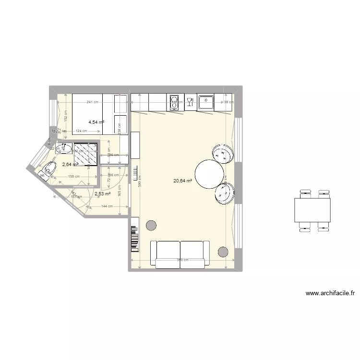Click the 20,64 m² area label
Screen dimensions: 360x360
[x=182, y=181]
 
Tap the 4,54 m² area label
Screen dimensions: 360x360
[x=96, y=122]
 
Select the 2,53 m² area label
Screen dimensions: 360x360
[x=103, y=194]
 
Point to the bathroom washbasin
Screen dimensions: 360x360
[x=64, y=148]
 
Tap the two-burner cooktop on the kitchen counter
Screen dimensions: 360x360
[x=173, y=102]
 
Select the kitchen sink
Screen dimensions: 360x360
[x=206, y=102]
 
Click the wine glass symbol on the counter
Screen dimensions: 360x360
[x=190, y=102]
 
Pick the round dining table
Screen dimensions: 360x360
[x=209, y=174]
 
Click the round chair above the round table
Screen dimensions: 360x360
[x=223, y=154]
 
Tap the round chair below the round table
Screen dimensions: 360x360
[x=225, y=193]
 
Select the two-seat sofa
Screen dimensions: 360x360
[x=180, y=252]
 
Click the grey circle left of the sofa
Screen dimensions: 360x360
[x=151, y=225]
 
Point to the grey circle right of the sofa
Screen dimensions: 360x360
[x=223, y=252]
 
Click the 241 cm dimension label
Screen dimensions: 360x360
[x=93, y=102]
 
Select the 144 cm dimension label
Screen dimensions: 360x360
[x=108, y=206]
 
